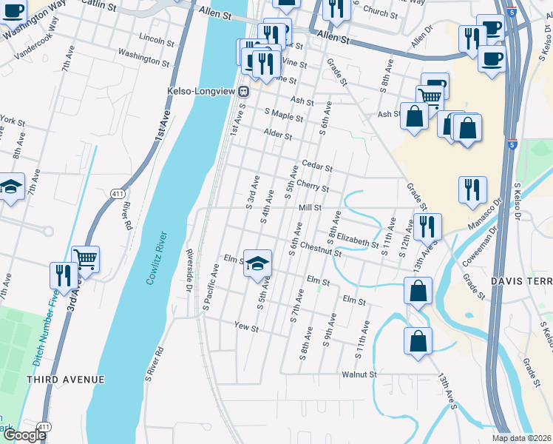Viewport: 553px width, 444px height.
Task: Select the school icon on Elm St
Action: tap(257, 263)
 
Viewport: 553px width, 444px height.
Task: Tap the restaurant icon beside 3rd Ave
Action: tap(63, 275)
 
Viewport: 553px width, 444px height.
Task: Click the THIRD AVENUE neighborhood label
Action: tap(66, 379)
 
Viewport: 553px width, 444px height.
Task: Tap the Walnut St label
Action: tap(359, 374)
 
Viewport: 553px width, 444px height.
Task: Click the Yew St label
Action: tap(245, 326)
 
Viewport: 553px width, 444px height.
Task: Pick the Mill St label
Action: tap(310, 208)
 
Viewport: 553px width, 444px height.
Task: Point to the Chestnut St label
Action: tap(322, 250)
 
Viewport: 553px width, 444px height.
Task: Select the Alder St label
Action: tap(278, 136)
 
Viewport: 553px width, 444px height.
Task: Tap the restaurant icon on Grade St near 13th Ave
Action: tap(427, 226)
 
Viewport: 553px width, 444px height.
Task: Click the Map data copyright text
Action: tap(522, 438)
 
